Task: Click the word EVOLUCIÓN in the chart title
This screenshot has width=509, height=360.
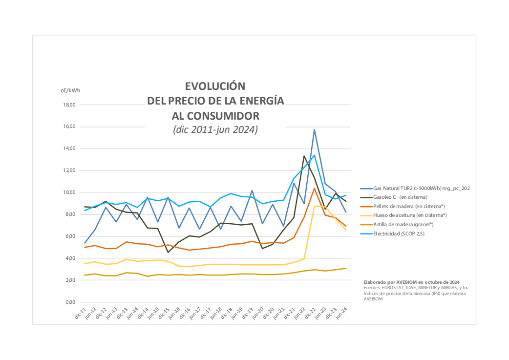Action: click(x=214, y=86)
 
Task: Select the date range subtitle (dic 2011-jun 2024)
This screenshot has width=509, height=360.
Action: click(x=215, y=130)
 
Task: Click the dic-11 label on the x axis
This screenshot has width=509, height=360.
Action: click(x=81, y=313)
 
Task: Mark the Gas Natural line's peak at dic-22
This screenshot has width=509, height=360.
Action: click(x=315, y=129)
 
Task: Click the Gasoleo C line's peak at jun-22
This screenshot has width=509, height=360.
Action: click(x=304, y=156)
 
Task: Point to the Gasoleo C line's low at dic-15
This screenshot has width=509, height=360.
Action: click(x=168, y=252)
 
